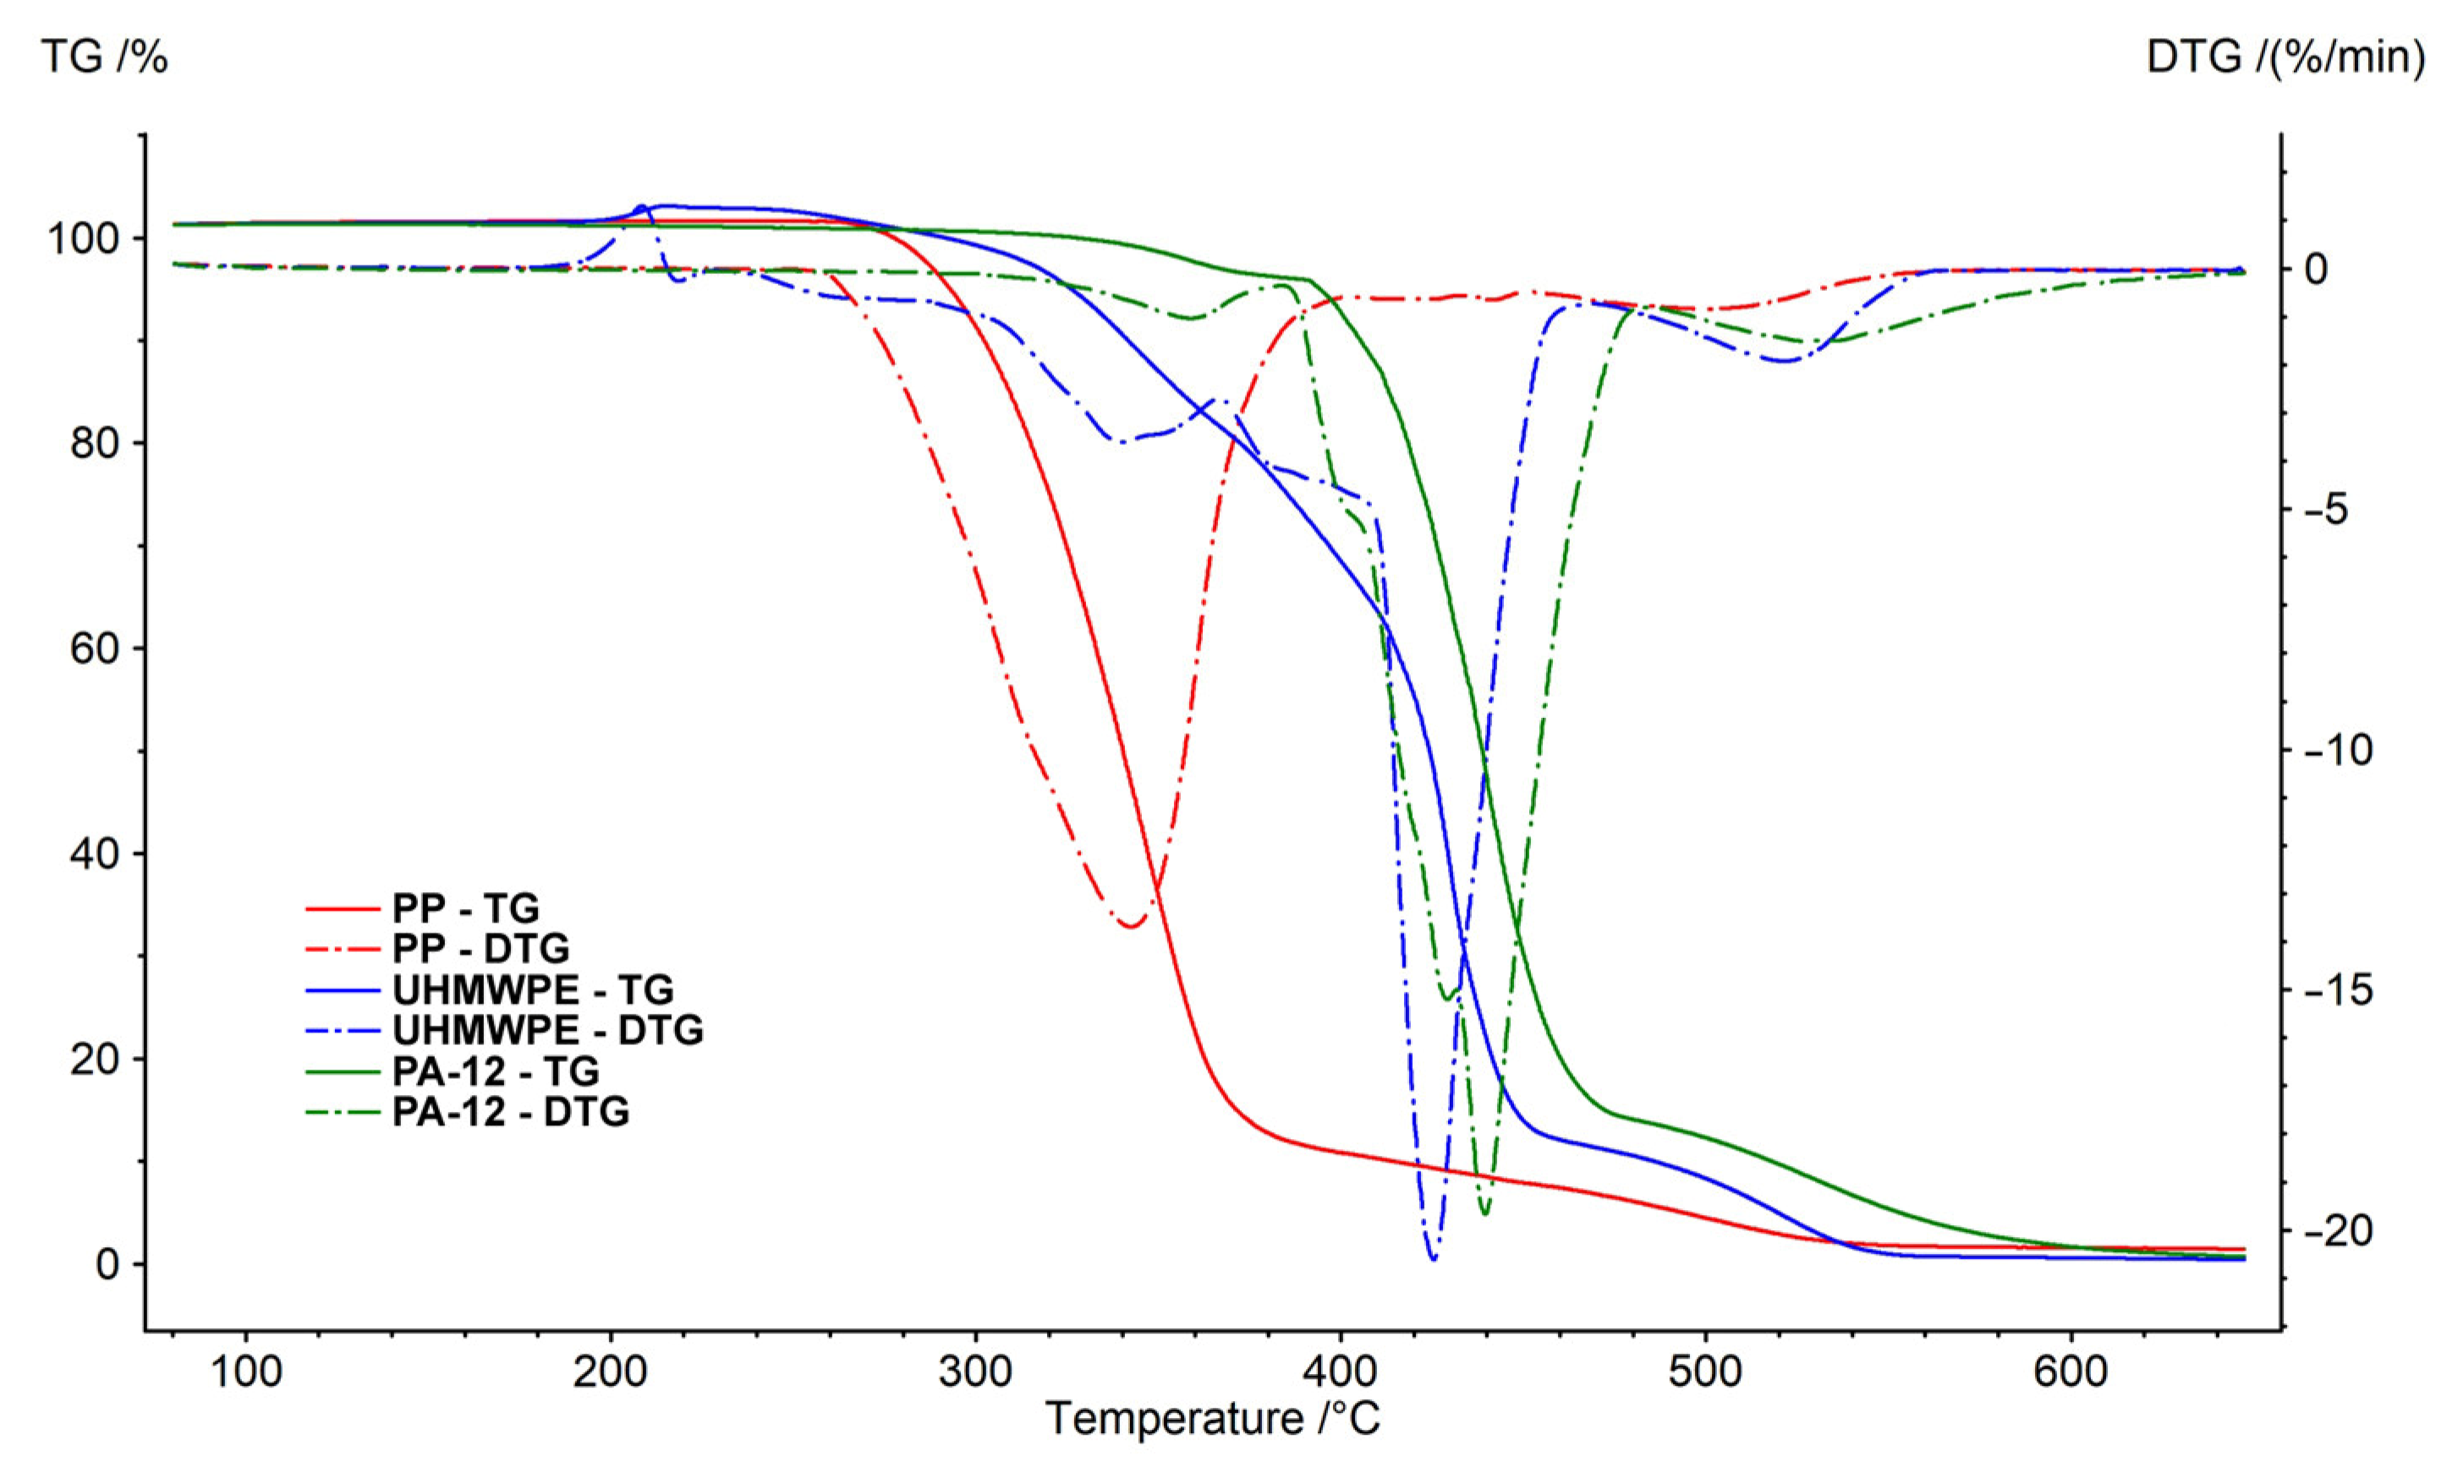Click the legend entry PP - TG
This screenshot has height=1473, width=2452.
coord(465,908)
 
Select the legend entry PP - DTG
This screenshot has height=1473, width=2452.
coord(480,949)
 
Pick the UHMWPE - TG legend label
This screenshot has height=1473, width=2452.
coord(533,989)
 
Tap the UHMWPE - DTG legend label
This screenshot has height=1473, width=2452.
coord(548,1030)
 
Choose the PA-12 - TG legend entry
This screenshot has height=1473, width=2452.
coord(496,1071)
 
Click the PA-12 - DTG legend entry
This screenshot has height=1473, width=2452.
coord(510,1112)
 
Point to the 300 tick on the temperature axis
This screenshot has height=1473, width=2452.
coord(975,1372)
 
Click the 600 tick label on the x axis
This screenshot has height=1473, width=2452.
coord(2071,1372)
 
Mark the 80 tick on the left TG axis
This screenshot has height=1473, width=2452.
coord(95,444)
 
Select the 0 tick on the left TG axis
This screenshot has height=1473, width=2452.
coord(107,1264)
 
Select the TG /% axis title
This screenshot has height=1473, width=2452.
coord(104,57)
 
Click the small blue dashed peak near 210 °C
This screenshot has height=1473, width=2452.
coord(641,207)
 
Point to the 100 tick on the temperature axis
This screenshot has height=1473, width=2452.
coord(245,1372)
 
